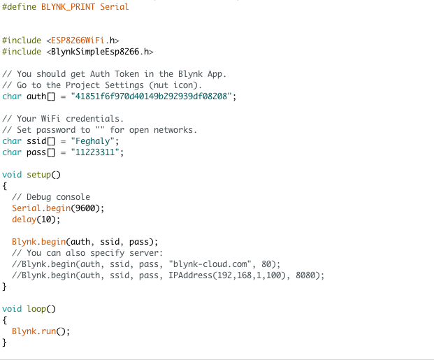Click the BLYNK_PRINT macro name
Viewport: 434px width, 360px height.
68,7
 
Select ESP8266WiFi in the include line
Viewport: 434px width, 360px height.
78,41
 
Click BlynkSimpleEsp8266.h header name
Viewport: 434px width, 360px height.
100,52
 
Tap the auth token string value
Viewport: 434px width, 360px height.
151,96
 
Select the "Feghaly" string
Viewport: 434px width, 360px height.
93,141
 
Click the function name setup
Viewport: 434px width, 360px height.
38,175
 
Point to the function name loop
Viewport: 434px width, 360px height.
36,309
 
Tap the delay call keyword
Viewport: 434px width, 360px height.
24,219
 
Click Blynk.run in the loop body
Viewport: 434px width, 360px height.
34,331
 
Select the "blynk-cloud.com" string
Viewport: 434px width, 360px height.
210,264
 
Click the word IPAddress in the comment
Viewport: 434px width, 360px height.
190,275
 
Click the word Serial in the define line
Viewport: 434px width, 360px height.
115,7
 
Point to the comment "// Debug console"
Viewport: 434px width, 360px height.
51,197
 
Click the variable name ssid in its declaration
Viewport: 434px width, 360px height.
36,141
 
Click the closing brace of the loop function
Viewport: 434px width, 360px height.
4,343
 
